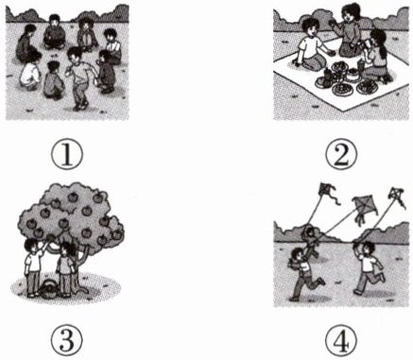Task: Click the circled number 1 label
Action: pos(67,155)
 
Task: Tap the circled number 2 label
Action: pos(342,155)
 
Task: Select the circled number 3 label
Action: pos(67,340)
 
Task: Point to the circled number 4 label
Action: pos(342,340)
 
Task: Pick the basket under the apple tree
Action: pos(48,289)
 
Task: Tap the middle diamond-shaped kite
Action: pos(365,207)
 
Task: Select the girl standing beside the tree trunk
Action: pos(65,269)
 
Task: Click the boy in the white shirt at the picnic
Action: pos(310,44)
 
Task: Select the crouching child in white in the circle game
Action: pos(31,72)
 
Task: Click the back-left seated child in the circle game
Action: pos(26,43)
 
